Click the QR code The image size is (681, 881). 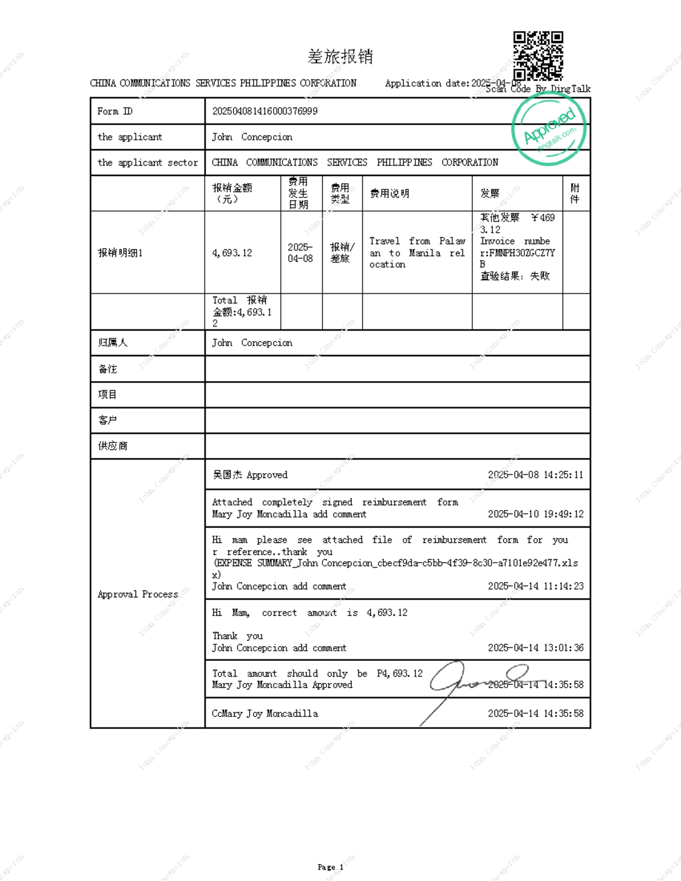[538, 56]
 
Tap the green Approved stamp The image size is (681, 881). [549, 129]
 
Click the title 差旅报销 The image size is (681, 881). [340, 56]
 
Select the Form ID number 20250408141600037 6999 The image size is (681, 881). [264, 111]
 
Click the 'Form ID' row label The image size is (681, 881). [115, 111]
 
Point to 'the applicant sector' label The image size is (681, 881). [148, 163]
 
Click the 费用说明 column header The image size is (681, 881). [389, 193]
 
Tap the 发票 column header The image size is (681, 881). [490, 193]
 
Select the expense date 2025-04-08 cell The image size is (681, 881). [300, 252]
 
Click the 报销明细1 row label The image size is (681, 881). [120, 252]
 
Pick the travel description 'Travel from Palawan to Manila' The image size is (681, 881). [417, 252]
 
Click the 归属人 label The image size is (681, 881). [112, 343]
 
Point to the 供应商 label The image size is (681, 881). [112, 446]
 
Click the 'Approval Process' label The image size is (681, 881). [138, 594]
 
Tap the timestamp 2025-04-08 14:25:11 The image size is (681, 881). [535, 475]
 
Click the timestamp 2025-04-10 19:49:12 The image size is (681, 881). [535, 514]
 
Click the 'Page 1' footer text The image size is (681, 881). [330, 867]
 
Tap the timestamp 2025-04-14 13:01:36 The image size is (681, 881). [535, 648]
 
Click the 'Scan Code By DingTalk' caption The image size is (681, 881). [538, 89]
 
